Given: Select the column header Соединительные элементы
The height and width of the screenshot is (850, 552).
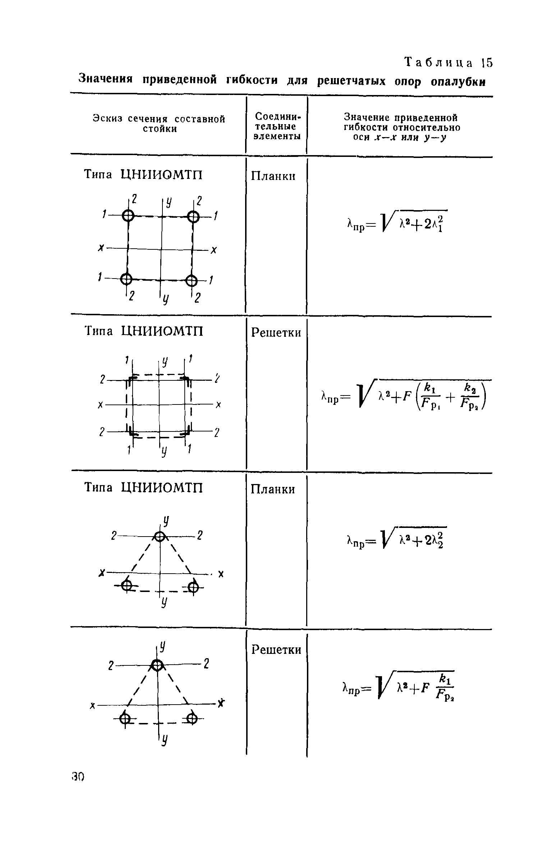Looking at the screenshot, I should click(276, 126).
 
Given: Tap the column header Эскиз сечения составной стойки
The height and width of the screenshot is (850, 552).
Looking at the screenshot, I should click(159, 124).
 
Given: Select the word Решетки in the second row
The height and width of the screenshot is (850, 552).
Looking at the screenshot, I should click(276, 333).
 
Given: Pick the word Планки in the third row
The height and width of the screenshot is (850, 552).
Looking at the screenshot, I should click(273, 489).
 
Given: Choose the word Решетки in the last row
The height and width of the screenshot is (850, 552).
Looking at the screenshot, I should click(276, 650).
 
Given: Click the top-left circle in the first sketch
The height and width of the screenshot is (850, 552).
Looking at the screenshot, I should click(128, 216).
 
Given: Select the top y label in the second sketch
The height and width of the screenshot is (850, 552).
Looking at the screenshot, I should click(164, 362).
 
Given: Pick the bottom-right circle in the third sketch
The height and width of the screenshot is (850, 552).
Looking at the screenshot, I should click(193, 588).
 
